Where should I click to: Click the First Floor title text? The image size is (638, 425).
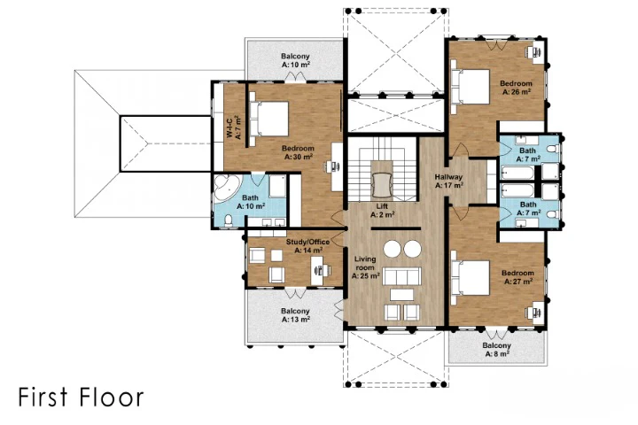coord(81,398)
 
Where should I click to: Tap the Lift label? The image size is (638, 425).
coord(382,210)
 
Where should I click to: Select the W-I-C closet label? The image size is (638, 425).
coord(234,127)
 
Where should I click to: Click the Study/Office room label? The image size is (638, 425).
coord(308,245)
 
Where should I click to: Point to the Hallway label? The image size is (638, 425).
coord(448,181)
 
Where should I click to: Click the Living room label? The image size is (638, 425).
coord(365,267)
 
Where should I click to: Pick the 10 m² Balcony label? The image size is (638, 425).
coord(295,60)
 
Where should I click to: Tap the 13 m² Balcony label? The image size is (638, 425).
coord(295,315)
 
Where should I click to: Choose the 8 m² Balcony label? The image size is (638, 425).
coord(496,350)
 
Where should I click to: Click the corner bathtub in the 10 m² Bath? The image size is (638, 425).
coord(225,188)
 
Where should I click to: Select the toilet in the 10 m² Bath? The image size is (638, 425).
coord(229,220)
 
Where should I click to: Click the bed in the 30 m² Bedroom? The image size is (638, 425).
coord(269,119)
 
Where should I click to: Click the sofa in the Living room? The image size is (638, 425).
coord(402,276)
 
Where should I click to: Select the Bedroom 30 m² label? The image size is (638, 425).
coord(298,152)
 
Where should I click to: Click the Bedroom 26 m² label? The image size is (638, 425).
coord(516,88)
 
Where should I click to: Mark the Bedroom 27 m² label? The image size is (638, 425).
coord(517,277)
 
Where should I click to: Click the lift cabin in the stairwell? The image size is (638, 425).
coord(382,185)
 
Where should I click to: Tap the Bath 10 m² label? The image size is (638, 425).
coord(251,202)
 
